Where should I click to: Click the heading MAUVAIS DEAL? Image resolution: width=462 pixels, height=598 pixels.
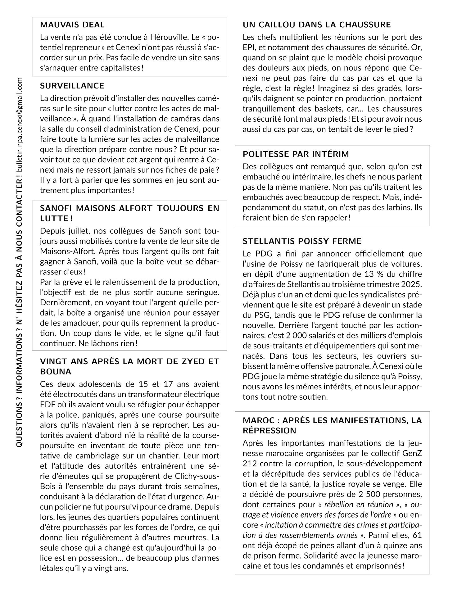tap(72, 25)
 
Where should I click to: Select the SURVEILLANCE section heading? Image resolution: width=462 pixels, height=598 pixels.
tap(72, 86)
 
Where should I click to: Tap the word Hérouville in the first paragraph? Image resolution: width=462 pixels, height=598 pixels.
tap(169, 38)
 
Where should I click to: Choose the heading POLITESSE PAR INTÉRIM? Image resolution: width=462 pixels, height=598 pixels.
tap(296, 154)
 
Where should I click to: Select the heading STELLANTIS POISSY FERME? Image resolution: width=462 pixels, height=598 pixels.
tap(302, 241)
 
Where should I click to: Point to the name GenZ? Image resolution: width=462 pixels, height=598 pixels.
tap(412, 453)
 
